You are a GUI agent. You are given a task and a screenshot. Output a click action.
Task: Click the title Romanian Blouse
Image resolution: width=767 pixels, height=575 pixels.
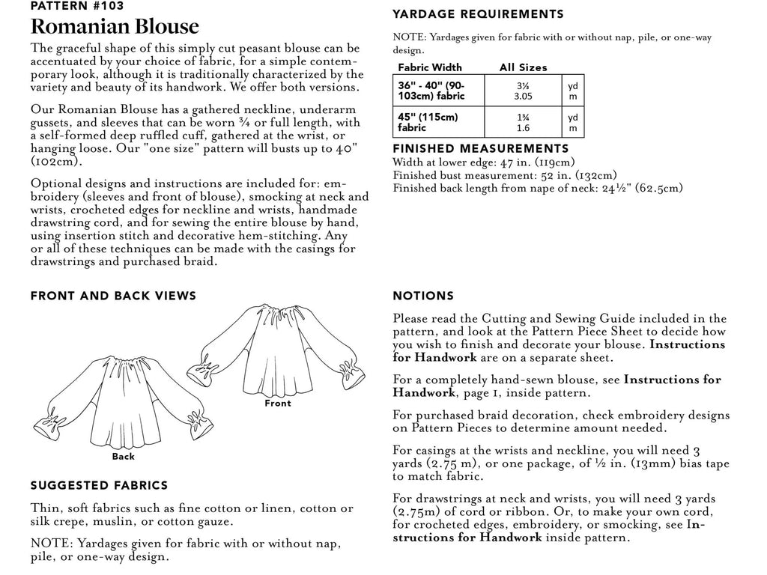pos(115,27)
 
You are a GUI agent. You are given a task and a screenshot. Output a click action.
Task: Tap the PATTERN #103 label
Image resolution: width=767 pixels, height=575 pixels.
pos(77,6)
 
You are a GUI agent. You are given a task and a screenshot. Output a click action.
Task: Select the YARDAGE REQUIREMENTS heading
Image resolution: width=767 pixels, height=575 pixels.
pos(478,14)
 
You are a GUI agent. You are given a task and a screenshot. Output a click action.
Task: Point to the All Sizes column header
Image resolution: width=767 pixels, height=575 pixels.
pos(523,67)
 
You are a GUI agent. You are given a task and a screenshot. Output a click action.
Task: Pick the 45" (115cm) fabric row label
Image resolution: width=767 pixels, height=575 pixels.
pos(428,123)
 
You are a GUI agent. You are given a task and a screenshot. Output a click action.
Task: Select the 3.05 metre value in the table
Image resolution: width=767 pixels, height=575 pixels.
pos(524,97)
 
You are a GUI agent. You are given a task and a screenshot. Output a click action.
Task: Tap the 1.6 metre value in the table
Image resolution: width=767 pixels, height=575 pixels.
pos(524,129)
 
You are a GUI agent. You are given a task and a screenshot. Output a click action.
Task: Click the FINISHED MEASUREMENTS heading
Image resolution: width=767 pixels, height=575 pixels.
pos(481,149)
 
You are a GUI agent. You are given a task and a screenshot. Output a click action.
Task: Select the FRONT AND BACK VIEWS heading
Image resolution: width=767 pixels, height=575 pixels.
pos(113,296)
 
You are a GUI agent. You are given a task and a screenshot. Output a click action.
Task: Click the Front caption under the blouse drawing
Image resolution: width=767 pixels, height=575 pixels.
pos(278,404)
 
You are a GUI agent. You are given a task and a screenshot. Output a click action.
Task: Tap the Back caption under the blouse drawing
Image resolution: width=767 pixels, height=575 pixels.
pos(123,456)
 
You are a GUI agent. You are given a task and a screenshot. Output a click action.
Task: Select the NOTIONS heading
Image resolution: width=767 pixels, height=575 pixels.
pos(423,296)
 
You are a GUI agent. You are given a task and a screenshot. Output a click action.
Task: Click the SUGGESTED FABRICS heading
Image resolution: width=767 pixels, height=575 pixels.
pos(99,486)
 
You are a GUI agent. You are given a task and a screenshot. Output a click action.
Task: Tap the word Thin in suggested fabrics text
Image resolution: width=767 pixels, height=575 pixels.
pos(44,508)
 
